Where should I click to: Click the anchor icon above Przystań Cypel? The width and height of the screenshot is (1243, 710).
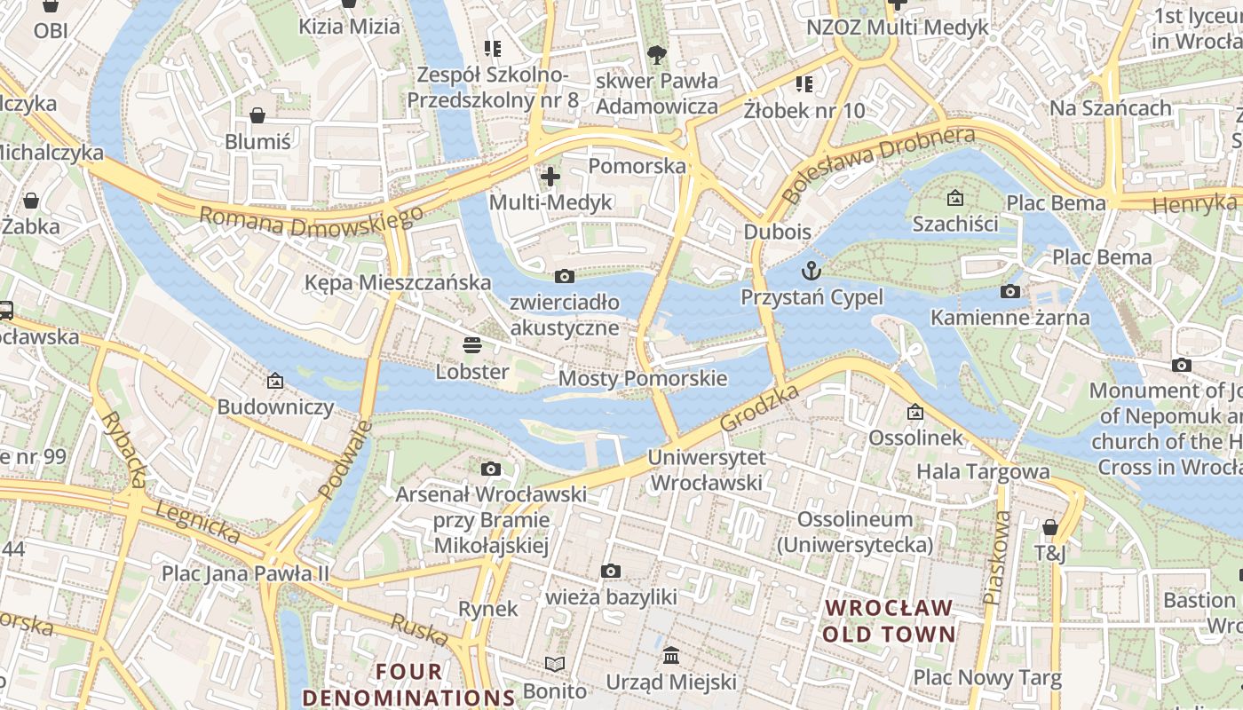[x=812, y=271]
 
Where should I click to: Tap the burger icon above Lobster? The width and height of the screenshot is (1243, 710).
[x=471, y=344]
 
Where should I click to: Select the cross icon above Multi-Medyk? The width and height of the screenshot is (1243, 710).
[x=550, y=177]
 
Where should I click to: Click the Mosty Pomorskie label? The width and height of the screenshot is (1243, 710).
[x=642, y=379]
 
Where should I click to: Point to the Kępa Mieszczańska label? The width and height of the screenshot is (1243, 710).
[x=397, y=282]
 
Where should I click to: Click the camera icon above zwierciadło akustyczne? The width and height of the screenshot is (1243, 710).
[x=564, y=276]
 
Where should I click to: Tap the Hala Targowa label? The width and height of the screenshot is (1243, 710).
[x=983, y=471]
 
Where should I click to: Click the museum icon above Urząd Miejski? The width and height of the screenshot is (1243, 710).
[x=671, y=656]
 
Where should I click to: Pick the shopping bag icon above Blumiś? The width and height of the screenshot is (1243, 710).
[x=257, y=115]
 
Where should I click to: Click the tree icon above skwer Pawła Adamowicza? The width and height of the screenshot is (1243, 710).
[x=656, y=55]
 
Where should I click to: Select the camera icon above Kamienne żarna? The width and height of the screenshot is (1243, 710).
[x=1009, y=291]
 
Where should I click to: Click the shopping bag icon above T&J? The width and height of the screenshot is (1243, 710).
[x=1050, y=527]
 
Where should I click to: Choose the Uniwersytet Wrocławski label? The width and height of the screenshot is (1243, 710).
[x=706, y=470]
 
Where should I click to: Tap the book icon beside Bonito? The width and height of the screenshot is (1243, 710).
[x=555, y=664]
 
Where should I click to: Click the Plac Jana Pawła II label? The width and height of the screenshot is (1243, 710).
[x=245, y=572]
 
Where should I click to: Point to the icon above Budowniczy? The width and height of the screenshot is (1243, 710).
[x=275, y=381]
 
